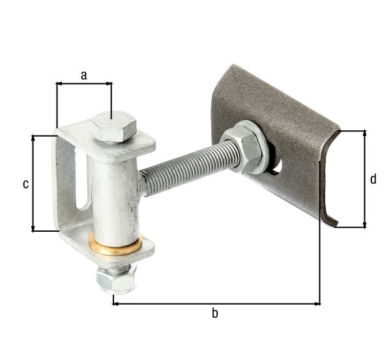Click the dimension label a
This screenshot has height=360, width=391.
click(83, 75)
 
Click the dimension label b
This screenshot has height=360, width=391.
click(215, 314)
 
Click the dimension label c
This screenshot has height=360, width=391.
click(25, 184)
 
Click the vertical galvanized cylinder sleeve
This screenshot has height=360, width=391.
click(113, 195)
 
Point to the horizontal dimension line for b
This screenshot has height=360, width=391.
click(215, 303)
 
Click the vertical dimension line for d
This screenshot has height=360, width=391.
click(364, 179)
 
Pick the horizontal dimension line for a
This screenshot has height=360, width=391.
click(83, 83)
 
